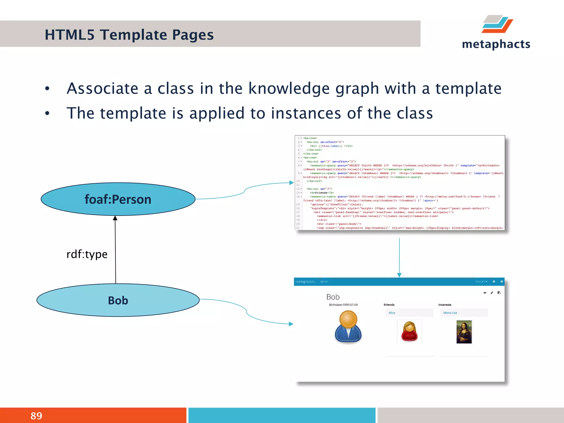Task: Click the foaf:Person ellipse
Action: pyautogui.click(x=118, y=199)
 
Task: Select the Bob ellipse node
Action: pyautogui.click(x=118, y=300)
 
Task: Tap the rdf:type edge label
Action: pyautogui.click(x=87, y=254)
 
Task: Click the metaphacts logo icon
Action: pyautogui.click(x=497, y=24)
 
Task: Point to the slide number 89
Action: pyautogui.click(x=36, y=416)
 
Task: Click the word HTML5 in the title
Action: pyautogui.click(x=69, y=35)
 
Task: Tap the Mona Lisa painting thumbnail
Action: pyautogui.click(x=464, y=332)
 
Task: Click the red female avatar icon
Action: pyautogui.click(x=410, y=332)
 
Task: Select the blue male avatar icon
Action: pyautogui.click(x=348, y=327)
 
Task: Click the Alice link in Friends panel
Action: pyautogui.click(x=392, y=313)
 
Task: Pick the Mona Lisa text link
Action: pyautogui.click(x=450, y=313)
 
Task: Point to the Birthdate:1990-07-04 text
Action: pyautogui.click(x=343, y=305)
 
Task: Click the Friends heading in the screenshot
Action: pyautogui.click(x=389, y=305)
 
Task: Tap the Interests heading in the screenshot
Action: pyautogui.click(x=445, y=305)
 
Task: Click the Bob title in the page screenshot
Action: pyautogui.click(x=333, y=297)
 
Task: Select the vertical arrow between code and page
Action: pyautogui.click(x=399, y=256)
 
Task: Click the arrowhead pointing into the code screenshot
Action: pyautogui.click(x=291, y=183)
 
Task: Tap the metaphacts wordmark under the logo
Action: pyautogui.click(x=496, y=44)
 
